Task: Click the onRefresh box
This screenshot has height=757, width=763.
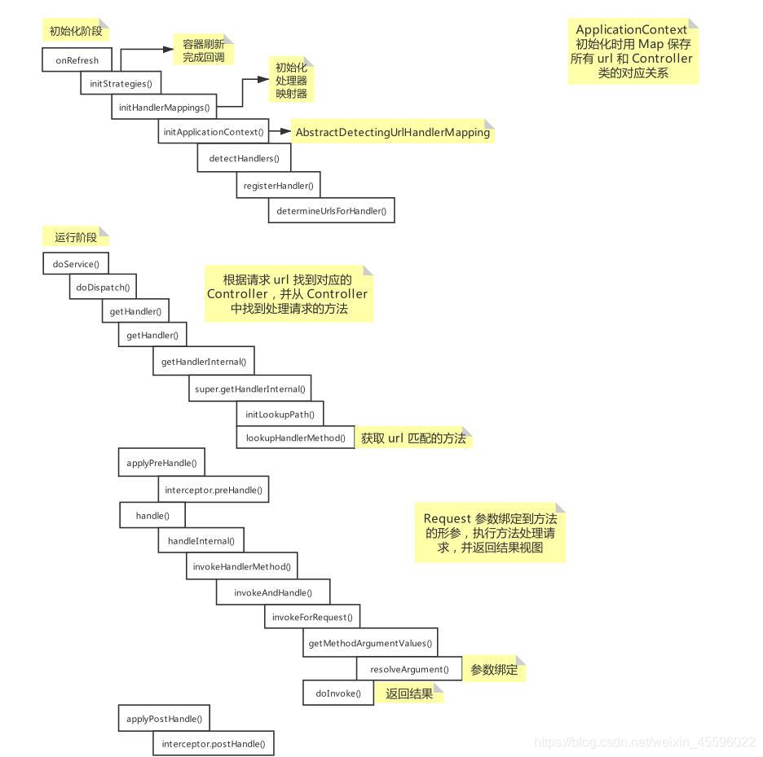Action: pyautogui.click(x=77, y=60)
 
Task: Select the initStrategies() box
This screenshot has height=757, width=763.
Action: pyautogui.click(x=121, y=84)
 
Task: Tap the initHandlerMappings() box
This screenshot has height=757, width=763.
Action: pyautogui.click(x=164, y=107)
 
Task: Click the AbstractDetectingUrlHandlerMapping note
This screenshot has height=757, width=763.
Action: pyautogui.click(x=392, y=132)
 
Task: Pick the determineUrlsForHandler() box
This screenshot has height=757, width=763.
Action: pyautogui.click(x=331, y=210)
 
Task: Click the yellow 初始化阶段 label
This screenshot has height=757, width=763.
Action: pyautogui.click(x=75, y=31)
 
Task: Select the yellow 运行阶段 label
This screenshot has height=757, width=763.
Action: pyautogui.click(x=75, y=237)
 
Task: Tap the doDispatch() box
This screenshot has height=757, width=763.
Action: pyautogui.click(x=103, y=288)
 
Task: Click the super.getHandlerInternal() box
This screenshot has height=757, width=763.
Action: pyautogui.click(x=249, y=390)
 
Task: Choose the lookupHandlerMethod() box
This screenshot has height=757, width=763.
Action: pyautogui.click(x=295, y=438)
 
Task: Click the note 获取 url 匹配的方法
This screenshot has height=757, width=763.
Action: pyautogui.click(x=413, y=438)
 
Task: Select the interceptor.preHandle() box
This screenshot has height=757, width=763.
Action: pyautogui.click(x=214, y=490)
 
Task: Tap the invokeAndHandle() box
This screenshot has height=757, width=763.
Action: pyautogui.click(x=272, y=592)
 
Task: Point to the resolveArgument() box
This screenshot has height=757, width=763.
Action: pyautogui.click(x=409, y=669)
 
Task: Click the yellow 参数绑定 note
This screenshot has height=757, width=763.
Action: pyautogui.click(x=494, y=669)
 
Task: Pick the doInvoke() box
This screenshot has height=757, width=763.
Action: pyautogui.click(x=337, y=693)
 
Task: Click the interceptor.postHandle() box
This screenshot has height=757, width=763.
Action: pyautogui.click(x=213, y=744)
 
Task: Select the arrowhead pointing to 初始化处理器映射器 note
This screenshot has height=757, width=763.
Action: pyautogui.click(x=262, y=80)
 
